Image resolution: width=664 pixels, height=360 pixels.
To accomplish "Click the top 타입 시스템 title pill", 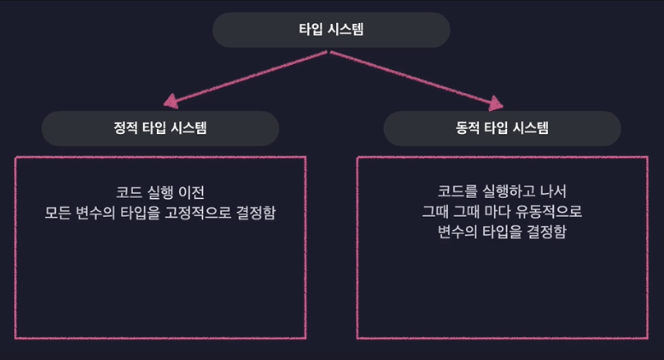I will point(331,30).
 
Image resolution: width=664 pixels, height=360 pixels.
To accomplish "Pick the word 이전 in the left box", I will point(191,192).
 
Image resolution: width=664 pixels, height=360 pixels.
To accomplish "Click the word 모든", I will point(58,213).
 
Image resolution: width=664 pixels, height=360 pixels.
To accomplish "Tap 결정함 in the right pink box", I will point(547,233).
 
